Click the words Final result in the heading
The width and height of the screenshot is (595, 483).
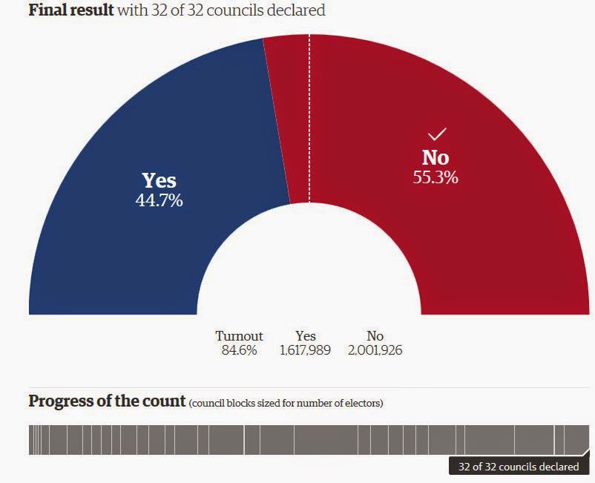pyautogui.click(x=71, y=10)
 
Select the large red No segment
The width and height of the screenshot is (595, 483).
pyautogui.click(x=475, y=237)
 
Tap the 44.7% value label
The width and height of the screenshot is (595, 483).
pyautogui.click(x=159, y=200)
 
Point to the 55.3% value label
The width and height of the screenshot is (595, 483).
pyautogui.click(x=435, y=177)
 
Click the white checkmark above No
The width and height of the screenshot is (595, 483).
pyautogui.click(x=436, y=134)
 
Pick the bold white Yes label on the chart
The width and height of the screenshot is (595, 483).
pyautogui.click(x=159, y=181)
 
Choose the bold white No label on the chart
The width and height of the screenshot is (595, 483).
pyautogui.click(x=435, y=157)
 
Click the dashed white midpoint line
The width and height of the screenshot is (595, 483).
pyautogui.click(x=309, y=111)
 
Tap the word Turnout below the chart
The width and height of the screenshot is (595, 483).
pyautogui.click(x=239, y=336)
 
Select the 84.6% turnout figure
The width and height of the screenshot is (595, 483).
pyautogui.click(x=239, y=350)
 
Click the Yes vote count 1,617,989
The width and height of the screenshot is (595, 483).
pyautogui.click(x=305, y=350)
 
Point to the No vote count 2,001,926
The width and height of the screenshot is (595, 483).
pyautogui.click(x=375, y=350)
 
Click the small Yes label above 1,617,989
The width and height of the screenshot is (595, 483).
pyautogui.click(x=305, y=336)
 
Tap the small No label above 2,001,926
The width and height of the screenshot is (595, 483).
pyautogui.click(x=375, y=336)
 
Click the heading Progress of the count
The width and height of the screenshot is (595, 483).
pyautogui.click(x=107, y=401)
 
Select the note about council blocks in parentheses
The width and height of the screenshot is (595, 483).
pyautogui.click(x=286, y=403)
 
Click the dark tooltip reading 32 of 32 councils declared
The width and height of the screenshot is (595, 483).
pyautogui.click(x=519, y=467)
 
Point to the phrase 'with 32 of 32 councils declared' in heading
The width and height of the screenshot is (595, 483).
pyautogui.click(x=221, y=10)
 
